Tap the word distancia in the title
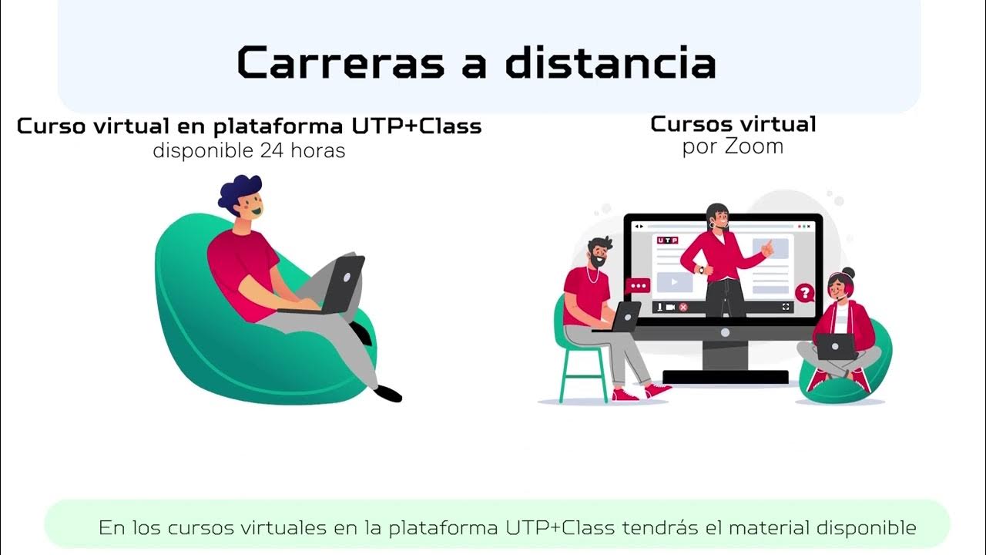coord(610,63)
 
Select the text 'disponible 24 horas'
coord(249,150)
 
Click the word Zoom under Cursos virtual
coord(754,146)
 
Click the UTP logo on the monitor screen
coord(667,240)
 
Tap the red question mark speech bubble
coord(804,293)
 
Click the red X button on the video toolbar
coord(682,307)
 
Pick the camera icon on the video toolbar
coord(670,307)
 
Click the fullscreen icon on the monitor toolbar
coord(786,307)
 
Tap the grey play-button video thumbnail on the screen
coord(676,282)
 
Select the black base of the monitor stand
coord(725,377)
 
